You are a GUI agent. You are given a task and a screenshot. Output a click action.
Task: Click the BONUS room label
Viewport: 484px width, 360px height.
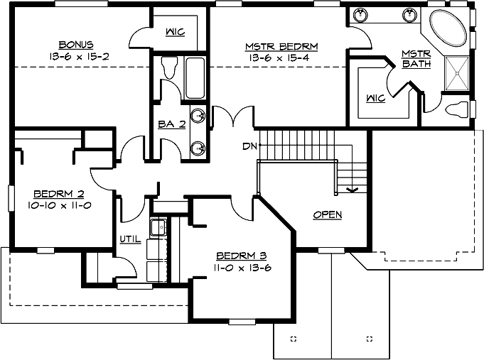77,43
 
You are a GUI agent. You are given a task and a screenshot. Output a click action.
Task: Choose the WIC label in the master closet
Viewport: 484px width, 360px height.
376,98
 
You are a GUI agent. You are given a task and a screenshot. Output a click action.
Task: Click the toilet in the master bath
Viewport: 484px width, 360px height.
458,110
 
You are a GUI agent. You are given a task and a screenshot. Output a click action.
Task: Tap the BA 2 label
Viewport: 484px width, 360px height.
171,124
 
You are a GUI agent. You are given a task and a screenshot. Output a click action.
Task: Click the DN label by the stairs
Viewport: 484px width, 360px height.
249,147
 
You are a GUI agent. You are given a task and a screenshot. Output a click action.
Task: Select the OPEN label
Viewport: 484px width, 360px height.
327,214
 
